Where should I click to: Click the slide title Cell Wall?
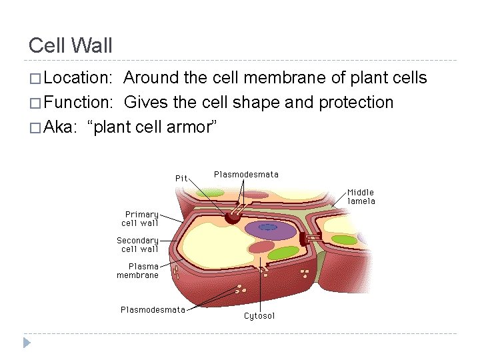click(71, 46)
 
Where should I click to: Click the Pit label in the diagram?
click(181, 178)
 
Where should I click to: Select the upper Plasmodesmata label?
click(246, 175)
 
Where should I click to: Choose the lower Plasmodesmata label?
click(153, 309)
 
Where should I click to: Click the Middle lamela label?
click(361, 197)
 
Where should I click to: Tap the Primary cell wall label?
click(140, 219)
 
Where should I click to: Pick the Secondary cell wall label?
click(138, 245)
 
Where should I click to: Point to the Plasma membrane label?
click(138, 271)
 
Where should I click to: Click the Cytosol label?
click(259, 316)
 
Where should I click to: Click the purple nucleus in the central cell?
click(270, 230)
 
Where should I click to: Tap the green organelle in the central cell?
click(284, 253)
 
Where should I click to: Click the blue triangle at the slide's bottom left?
click(27, 343)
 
